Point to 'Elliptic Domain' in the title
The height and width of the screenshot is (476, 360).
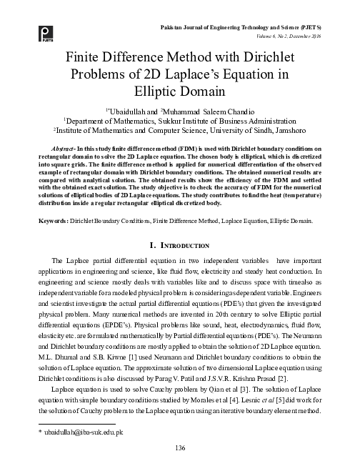[180, 92]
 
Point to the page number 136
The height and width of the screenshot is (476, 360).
[180, 447]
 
